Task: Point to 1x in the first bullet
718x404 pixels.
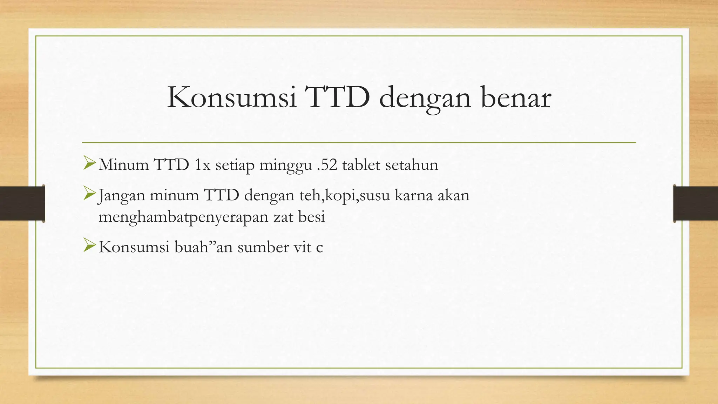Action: (202, 165)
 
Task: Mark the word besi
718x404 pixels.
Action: (312, 216)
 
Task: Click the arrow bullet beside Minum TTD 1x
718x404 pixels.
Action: (89, 164)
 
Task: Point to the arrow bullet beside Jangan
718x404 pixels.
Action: (89, 194)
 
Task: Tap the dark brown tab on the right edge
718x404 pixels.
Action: (696, 203)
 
